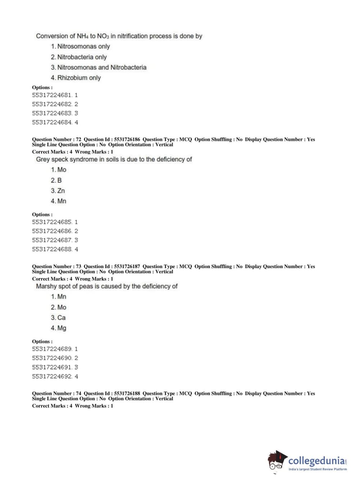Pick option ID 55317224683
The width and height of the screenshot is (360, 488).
pyautogui.click(x=55, y=113)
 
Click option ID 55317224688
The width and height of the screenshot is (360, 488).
pyautogui.click(x=55, y=249)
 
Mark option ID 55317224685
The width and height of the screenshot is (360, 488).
pyautogui.click(x=55, y=222)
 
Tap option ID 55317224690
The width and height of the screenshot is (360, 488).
pyautogui.click(x=55, y=358)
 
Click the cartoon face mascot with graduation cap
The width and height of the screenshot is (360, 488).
pyautogui.click(x=277, y=461)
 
